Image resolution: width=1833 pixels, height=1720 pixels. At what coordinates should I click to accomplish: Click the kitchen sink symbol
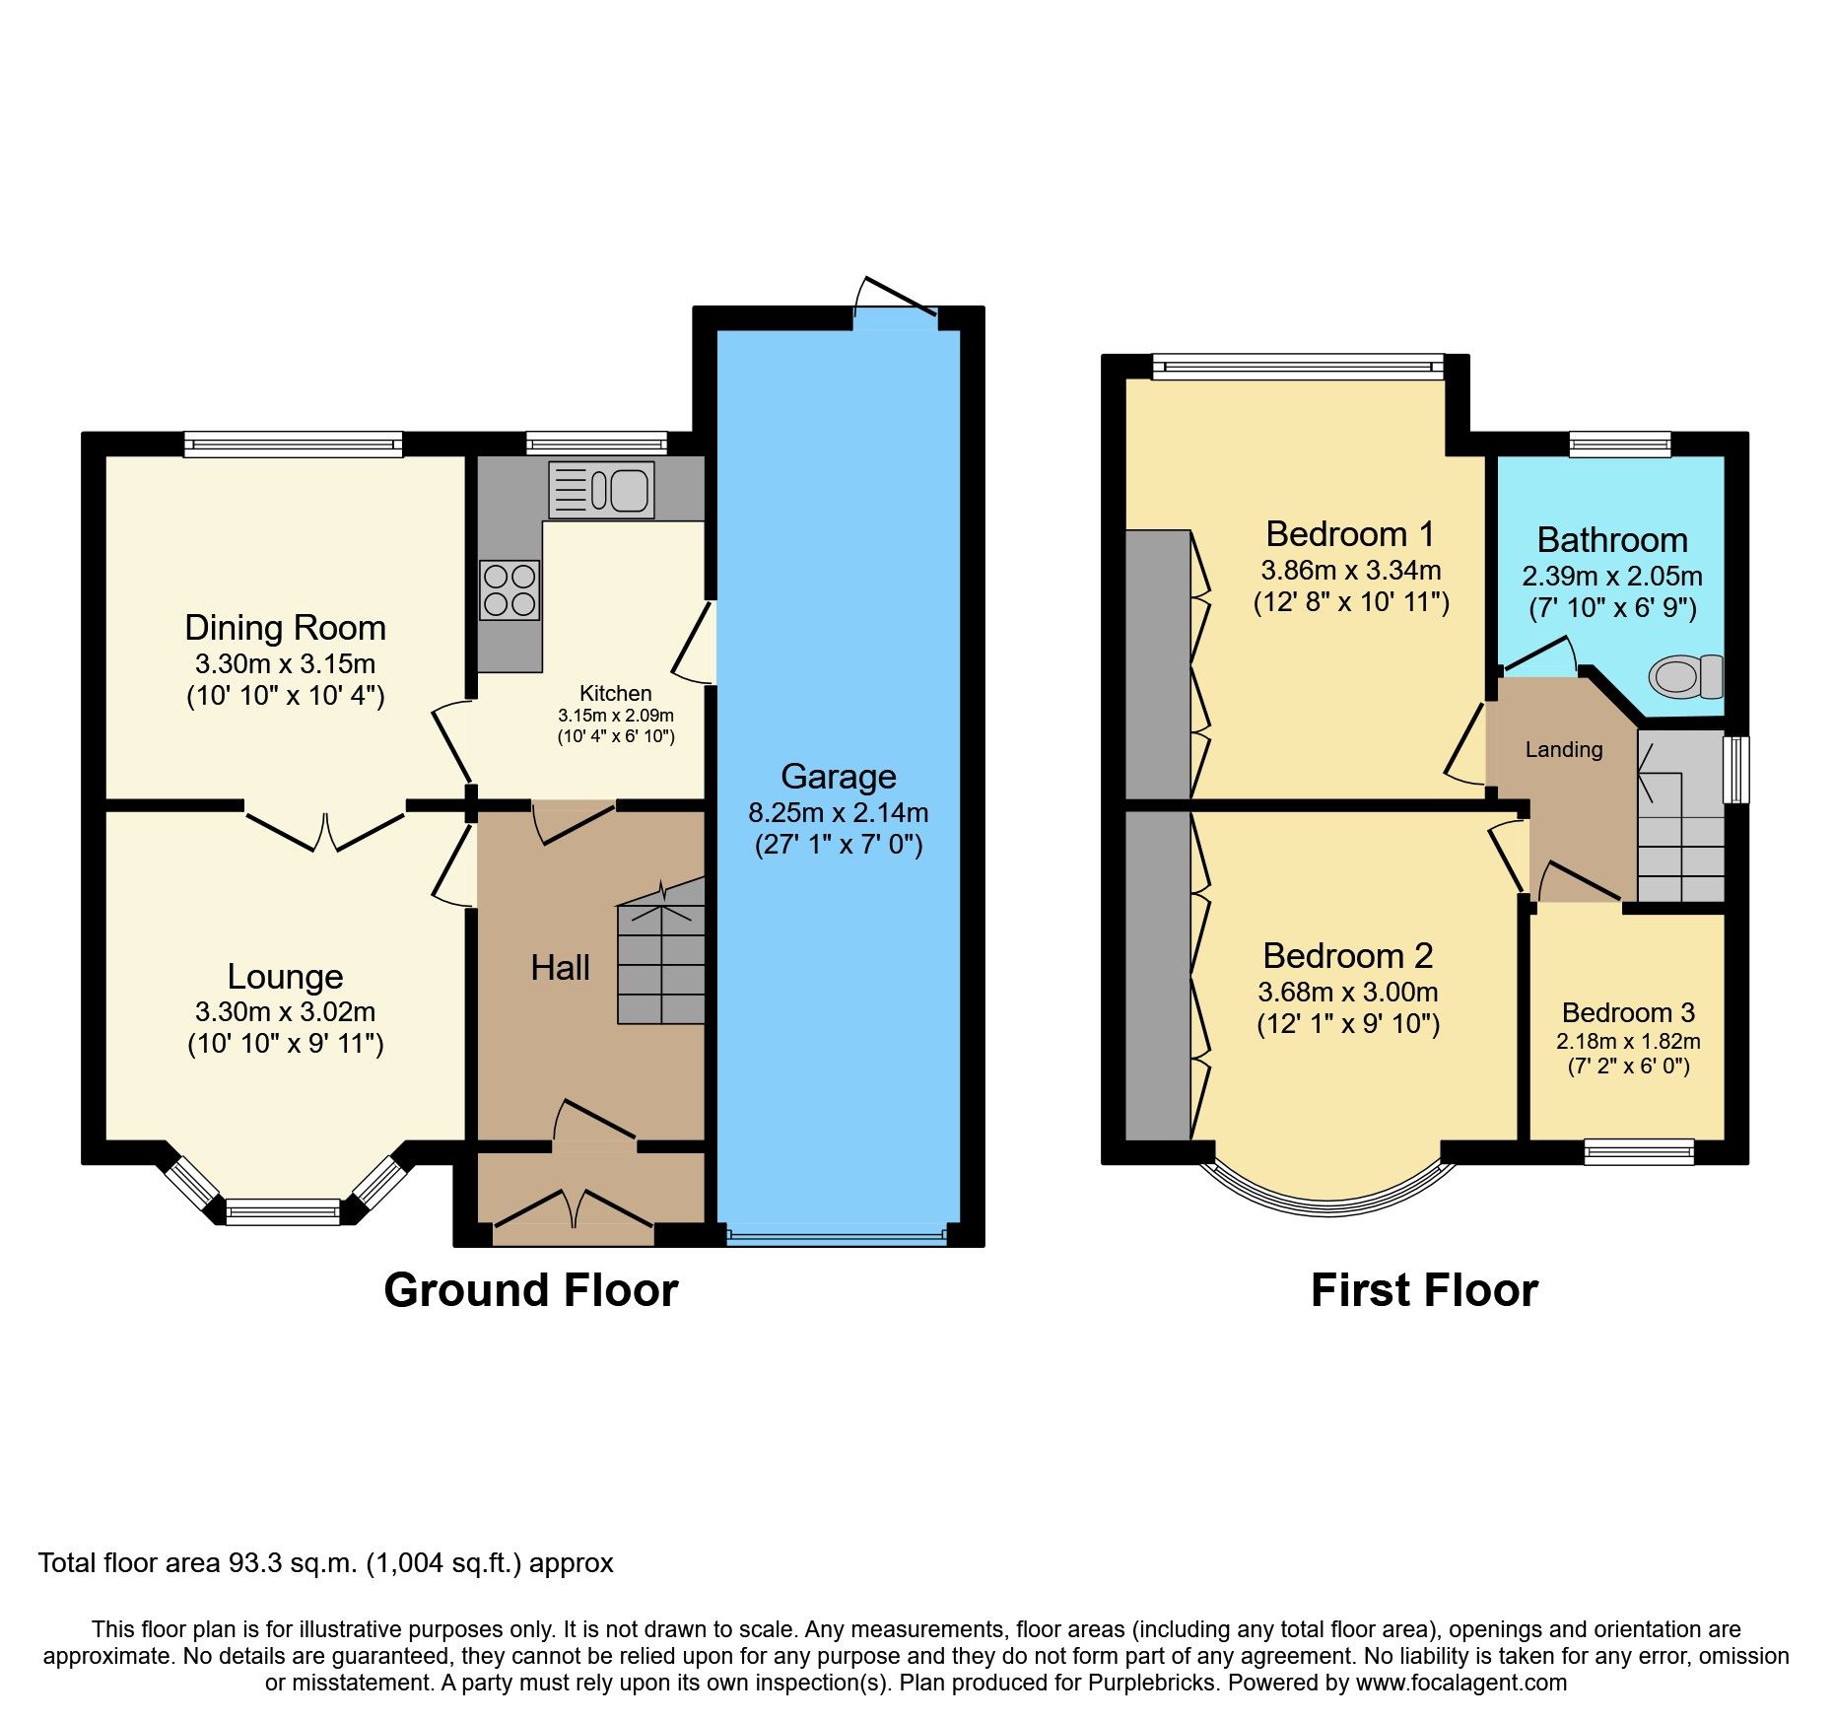(600, 490)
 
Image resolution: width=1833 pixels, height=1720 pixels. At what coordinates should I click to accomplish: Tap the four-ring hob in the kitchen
(509, 590)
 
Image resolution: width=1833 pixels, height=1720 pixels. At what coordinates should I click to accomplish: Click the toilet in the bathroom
(1685, 677)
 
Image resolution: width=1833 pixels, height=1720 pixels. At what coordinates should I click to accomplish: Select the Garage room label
(838, 777)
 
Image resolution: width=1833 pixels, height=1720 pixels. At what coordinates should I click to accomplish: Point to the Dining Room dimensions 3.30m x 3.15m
(285, 663)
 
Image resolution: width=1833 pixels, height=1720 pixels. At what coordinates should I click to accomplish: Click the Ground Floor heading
(530, 1290)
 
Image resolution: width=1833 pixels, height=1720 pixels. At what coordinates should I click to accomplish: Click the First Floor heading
(1423, 1290)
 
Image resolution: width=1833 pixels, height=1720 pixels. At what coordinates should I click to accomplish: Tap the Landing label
(1563, 750)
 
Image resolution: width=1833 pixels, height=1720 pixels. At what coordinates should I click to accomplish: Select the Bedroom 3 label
(1628, 1012)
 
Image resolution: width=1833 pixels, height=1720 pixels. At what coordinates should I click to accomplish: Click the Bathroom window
(1619, 445)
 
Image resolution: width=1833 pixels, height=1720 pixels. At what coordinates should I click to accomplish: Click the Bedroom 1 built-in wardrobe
(1158, 663)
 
